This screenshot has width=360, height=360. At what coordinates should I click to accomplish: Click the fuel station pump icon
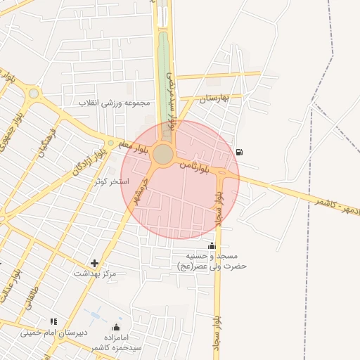click(x=240, y=152)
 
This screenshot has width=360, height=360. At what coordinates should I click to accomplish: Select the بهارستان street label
click(x=215, y=98)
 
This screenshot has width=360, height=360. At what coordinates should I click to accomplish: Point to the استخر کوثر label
click(x=112, y=181)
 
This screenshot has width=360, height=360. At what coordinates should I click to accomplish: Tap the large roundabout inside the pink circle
click(x=163, y=154)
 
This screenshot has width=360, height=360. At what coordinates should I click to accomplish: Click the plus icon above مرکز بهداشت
click(x=94, y=264)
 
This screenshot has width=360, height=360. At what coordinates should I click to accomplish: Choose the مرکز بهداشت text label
click(x=94, y=273)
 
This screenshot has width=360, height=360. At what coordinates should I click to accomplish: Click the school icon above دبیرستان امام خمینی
click(x=53, y=321)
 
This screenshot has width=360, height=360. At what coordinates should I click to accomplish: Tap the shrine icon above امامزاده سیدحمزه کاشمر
click(x=116, y=328)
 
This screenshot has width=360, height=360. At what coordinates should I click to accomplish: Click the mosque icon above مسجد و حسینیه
click(x=212, y=245)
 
